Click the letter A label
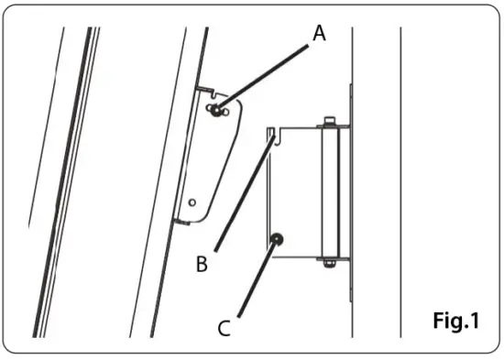click(319, 34)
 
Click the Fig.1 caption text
click(455, 322)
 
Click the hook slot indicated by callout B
click(273, 136)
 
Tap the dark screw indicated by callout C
click(275, 239)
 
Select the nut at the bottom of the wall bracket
click(327, 267)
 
